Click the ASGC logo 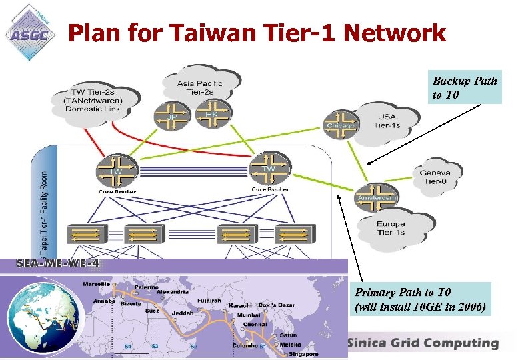(x=30, y=31)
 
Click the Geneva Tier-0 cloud (x=435, y=177)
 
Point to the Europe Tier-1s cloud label (x=390, y=228)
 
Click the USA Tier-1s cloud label (x=386, y=121)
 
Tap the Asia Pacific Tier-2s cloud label (x=200, y=87)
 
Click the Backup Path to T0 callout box (x=465, y=87)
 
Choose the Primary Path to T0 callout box (x=421, y=299)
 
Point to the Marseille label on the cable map (x=97, y=283)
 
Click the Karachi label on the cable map (x=240, y=305)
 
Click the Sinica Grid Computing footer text (x=423, y=343)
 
